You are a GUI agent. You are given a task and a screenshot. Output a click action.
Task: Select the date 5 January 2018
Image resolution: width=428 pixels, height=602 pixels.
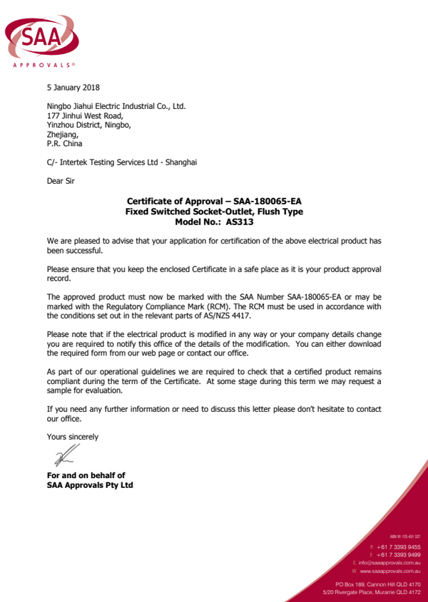tap(73, 88)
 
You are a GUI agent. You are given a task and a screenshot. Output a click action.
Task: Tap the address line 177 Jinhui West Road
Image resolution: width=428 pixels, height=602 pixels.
tap(85, 115)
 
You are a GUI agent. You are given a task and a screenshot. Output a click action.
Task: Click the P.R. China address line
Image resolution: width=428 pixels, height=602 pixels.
tap(64, 143)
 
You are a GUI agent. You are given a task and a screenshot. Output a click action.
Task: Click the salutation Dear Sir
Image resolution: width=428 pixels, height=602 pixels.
tap(61, 181)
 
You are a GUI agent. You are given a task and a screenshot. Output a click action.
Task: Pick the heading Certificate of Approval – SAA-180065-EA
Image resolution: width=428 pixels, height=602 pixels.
tap(214, 202)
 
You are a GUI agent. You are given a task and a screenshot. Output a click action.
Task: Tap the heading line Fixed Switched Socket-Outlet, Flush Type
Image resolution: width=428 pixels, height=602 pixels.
tap(214, 212)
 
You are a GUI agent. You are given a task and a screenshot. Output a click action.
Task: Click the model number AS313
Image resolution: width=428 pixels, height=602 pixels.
tap(240, 222)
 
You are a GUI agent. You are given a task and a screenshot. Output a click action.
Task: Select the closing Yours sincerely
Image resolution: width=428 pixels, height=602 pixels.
tap(73, 436)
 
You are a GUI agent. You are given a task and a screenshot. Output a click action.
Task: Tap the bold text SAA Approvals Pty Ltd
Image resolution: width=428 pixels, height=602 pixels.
tap(90, 485)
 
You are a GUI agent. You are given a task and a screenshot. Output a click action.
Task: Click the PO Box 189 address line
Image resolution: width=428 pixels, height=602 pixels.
tap(377, 584)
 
